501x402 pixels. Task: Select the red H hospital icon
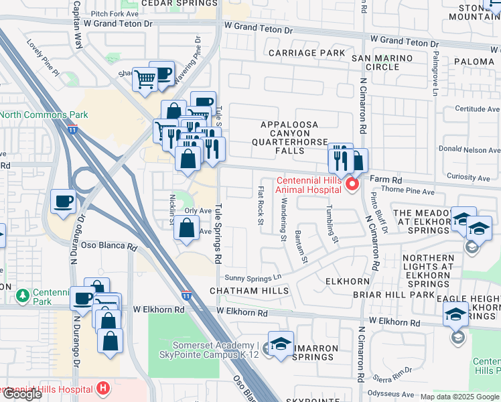point(102,388)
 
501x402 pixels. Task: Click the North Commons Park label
point(44,115)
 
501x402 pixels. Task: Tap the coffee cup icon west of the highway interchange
point(63,202)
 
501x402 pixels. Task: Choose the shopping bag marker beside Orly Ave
point(186,228)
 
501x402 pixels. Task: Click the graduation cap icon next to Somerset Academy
point(281,343)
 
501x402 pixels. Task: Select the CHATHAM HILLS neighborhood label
point(249,291)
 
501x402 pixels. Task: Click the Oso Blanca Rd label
point(109,245)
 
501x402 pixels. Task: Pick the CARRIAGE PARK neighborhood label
point(307,52)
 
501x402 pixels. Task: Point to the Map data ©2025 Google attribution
point(459,397)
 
